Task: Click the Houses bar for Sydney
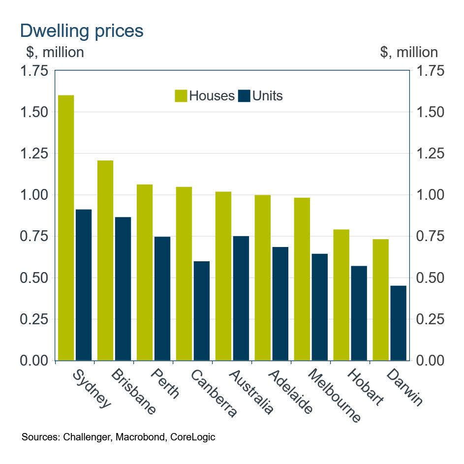[x=66, y=227]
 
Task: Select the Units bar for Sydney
[x=84, y=285]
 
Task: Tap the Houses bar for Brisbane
[x=105, y=260]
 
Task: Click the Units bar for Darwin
[x=399, y=323]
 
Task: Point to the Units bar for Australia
[x=241, y=298]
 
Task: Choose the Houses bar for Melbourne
[x=302, y=279]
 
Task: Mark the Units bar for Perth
[x=162, y=298]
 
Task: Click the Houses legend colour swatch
[x=181, y=96]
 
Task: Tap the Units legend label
[x=268, y=96]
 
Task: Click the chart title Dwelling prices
[x=82, y=31]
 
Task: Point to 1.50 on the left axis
[x=34, y=112]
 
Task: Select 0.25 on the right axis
[x=430, y=319]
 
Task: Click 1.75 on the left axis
[x=34, y=71]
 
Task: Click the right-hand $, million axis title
[x=408, y=52]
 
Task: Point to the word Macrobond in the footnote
[x=142, y=437]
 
